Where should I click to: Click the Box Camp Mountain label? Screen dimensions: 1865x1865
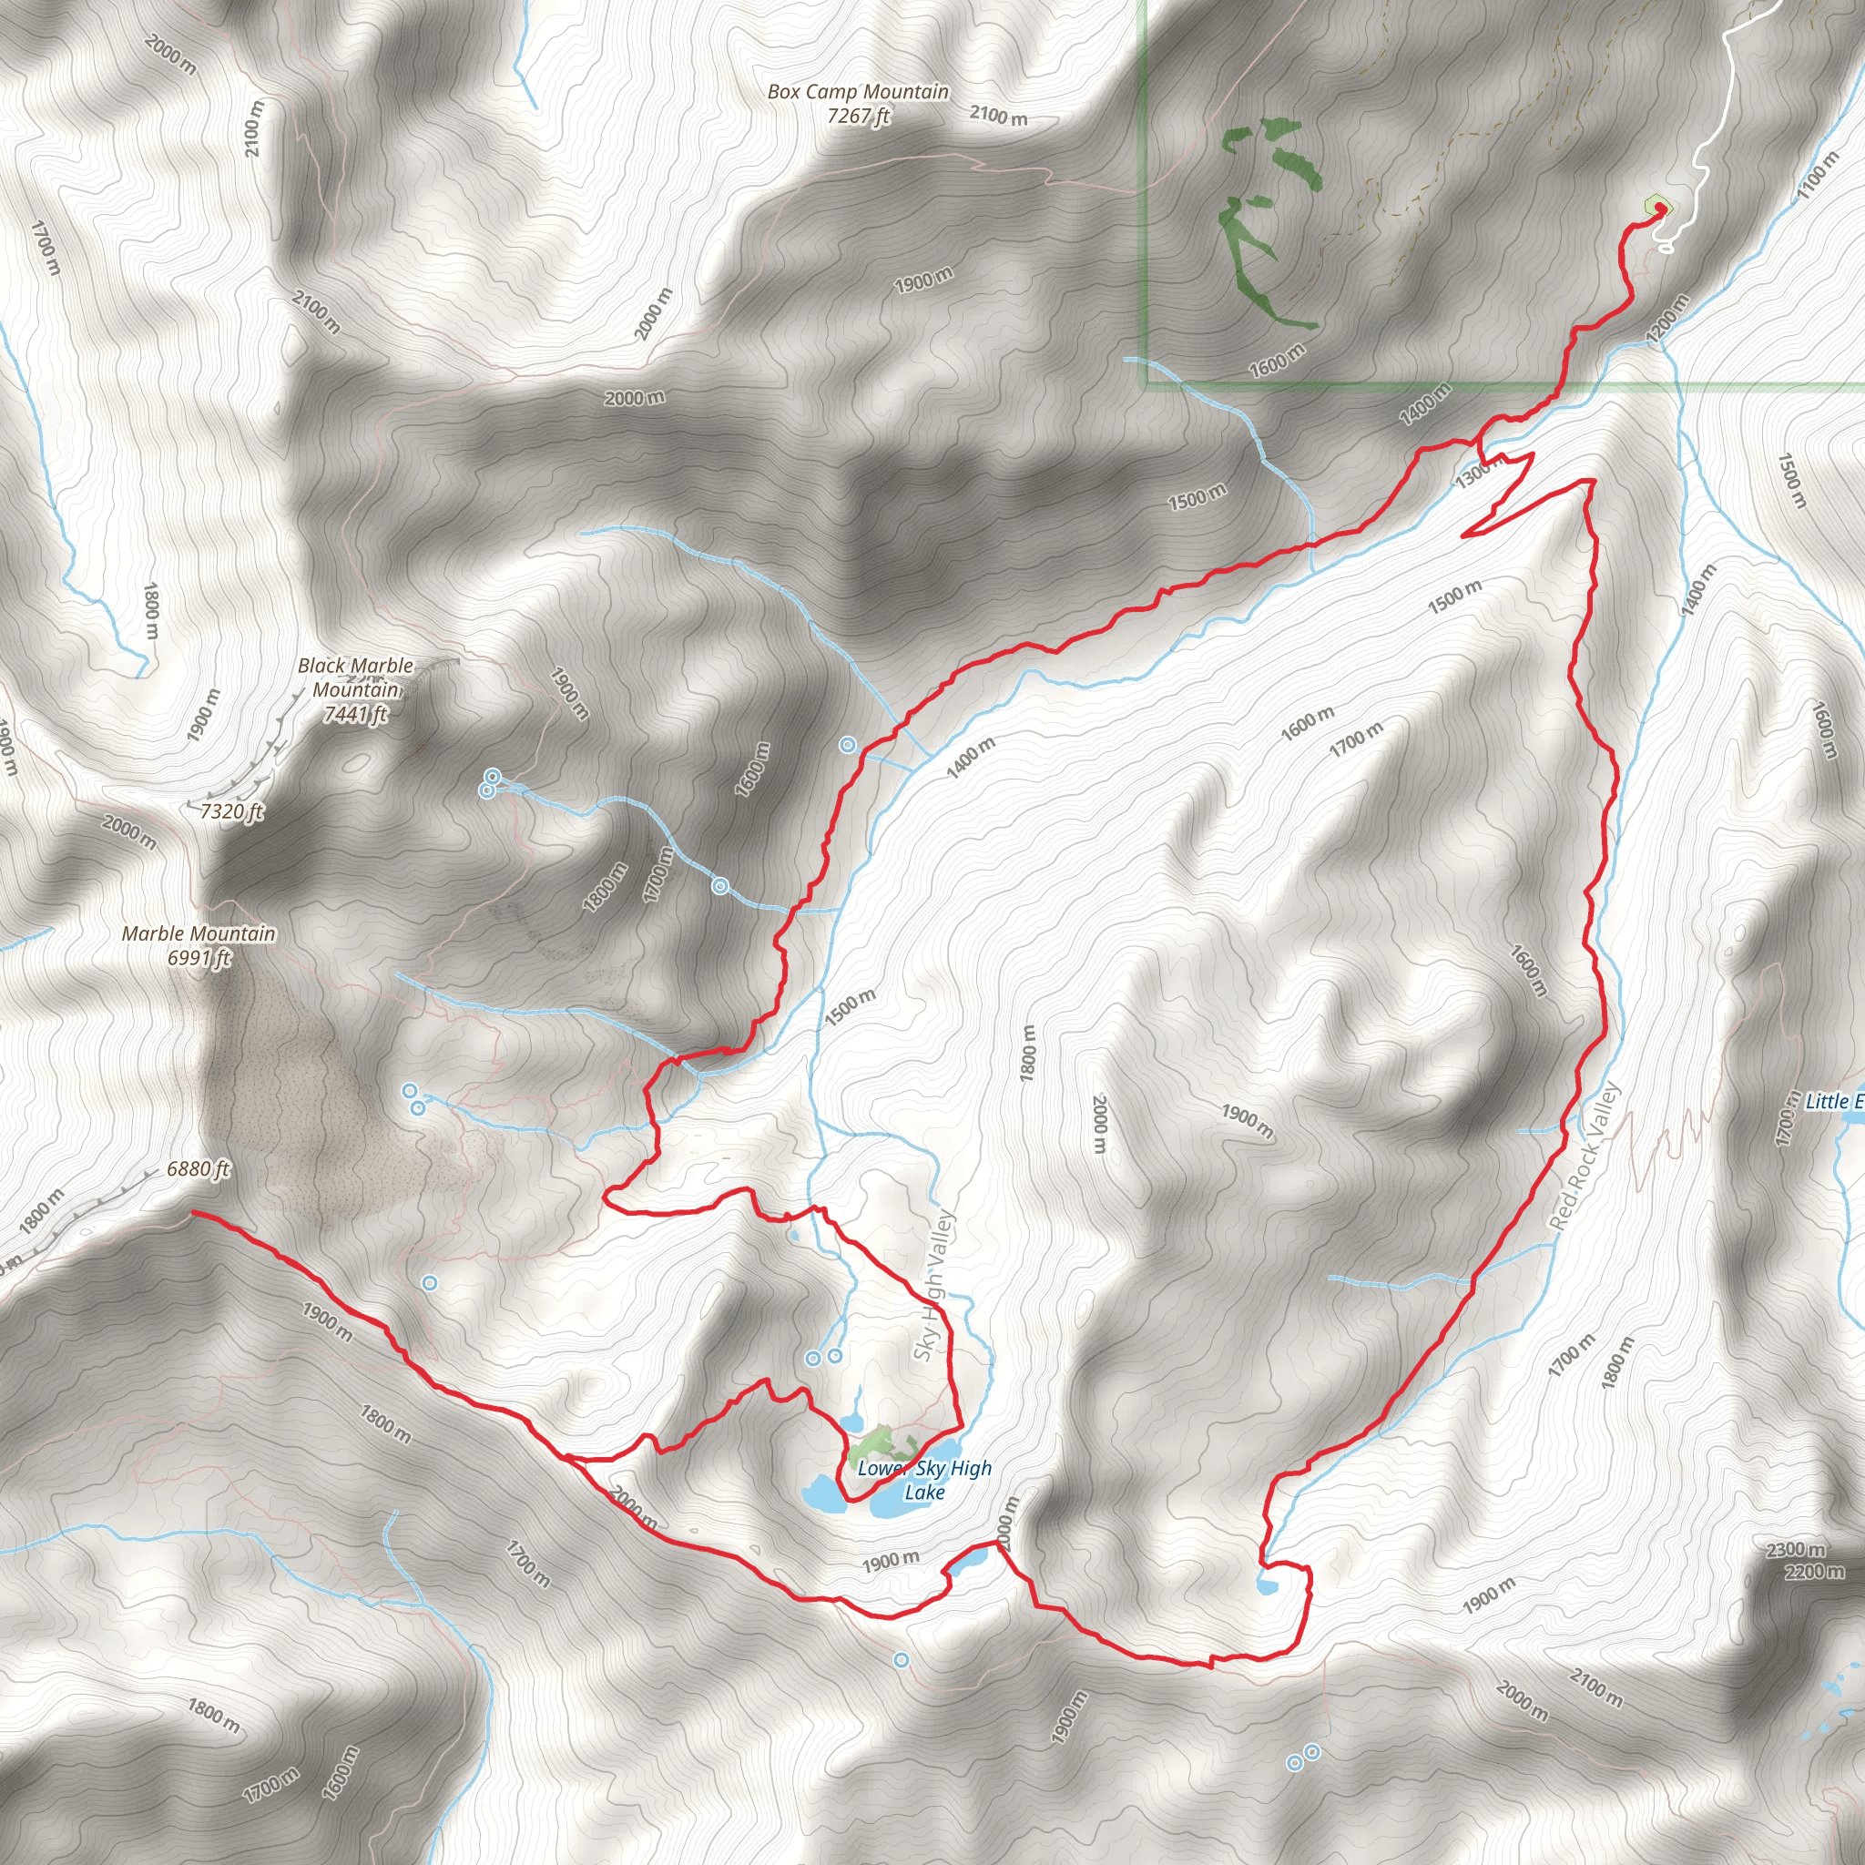click(x=857, y=93)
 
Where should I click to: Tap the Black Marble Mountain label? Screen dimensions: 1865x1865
click(x=355, y=678)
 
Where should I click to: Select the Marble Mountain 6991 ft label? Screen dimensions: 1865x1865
click(x=199, y=945)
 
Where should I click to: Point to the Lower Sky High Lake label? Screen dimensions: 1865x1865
click(x=923, y=1480)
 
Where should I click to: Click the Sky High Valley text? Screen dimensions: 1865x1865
click(x=933, y=1286)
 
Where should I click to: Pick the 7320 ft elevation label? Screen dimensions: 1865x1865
click(x=231, y=810)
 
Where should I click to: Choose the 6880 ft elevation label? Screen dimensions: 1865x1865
click(x=198, y=1169)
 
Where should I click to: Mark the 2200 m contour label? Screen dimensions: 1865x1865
click(x=1814, y=1572)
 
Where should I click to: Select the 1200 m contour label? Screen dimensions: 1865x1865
click(x=1667, y=317)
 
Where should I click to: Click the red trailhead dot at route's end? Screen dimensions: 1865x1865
click(x=1659, y=208)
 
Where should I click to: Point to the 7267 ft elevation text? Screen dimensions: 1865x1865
click(x=858, y=116)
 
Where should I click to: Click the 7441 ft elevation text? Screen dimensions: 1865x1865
click(x=355, y=714)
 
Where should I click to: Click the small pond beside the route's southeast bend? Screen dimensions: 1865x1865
click(x=1267, y=1585)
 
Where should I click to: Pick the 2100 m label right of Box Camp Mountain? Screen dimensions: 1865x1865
click(x=998, y=117)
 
